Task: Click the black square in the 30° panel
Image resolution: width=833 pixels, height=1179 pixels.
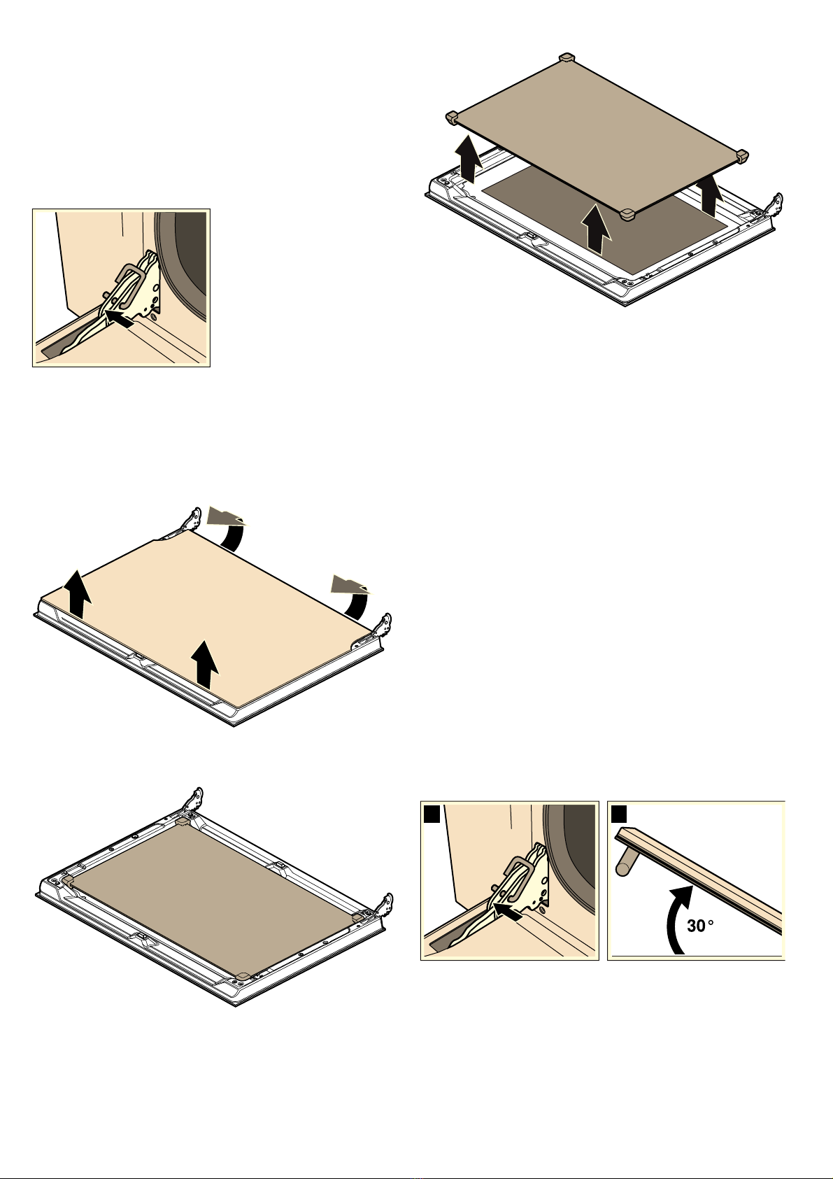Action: (x=620, y=814)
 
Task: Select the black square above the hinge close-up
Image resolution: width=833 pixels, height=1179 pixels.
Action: (x=432, y=814)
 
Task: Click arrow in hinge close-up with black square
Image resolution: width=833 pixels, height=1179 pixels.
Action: (x=507, y=910)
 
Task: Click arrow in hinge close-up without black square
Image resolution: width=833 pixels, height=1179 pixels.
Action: (x=119, y=318)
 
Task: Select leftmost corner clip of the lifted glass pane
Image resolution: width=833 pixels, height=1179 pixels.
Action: (x=452, y=118)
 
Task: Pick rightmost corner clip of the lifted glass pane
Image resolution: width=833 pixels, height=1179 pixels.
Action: (x=741, y=155)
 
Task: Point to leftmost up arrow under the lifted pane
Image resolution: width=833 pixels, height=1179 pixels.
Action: (x=469, y=158)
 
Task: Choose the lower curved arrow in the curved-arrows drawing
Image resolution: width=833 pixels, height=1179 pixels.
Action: (x=352, y=598)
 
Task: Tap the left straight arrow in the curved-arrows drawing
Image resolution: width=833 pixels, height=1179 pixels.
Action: (x=78, y=595)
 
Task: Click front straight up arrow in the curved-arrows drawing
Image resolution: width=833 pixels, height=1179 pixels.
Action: (x=204, y=664)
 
